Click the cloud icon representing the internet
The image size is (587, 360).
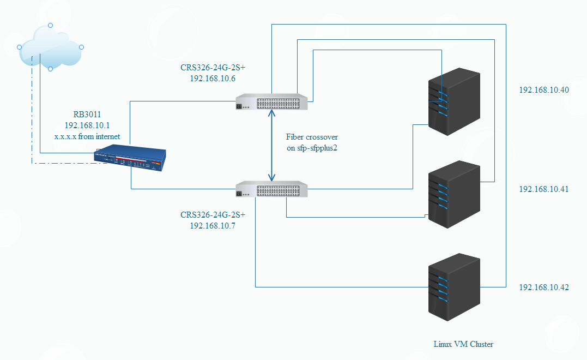pyautogui.click(x=50, y=47)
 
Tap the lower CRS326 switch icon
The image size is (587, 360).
pyautogui.click(x=271, y=190)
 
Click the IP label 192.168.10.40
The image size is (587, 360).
pyautogui.click(x=543, y=90)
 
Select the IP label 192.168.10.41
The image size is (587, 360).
pyautogui.click(x=543, y=189)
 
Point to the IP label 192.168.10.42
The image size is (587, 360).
pyautogui.click(x=543, y=287)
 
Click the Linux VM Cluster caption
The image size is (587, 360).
pyautogui.click(x=463, y=344)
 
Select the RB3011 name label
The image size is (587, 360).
pyautogui.click(x=87, y=115)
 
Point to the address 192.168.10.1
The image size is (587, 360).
pyautogui.click(x=87, y=125)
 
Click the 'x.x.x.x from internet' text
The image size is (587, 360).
pyautogui.click(x=87, y=136)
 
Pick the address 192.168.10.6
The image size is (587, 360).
pyautogui.click(x=213, y=79)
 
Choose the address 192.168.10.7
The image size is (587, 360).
pyautogui.click(x=213, y=225)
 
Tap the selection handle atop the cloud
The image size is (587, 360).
pyautogui.click(x=50, y=25)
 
